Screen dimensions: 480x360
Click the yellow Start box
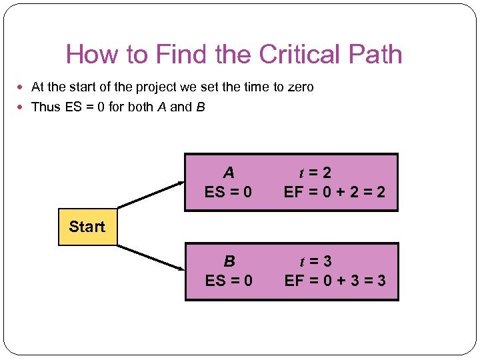click(87, 227)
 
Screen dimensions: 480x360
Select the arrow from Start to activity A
click(151, 193)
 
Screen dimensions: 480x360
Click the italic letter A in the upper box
click(229, 173)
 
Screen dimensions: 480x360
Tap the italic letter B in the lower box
click(229, 261)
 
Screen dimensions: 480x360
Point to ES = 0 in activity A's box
click(229, 193)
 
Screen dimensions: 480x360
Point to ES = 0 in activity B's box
click(229, 281)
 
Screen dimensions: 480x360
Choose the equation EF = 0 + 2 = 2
click(335, 193)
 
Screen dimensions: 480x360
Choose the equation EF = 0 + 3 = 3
click(335, 281)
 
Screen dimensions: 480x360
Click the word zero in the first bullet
click(299, 87)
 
